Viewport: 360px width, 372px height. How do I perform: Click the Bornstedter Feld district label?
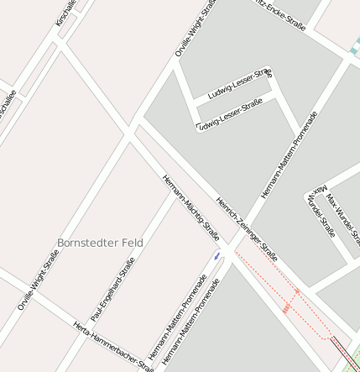pyautogui.click(x=100, y=243)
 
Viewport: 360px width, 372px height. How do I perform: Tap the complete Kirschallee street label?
pyautogui.click(x=65, y=13)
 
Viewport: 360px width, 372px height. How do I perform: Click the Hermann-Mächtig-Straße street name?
pyautogui.click(x=190, y=207)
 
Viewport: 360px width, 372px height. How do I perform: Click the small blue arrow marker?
pyautogui.click(x=217, y=255)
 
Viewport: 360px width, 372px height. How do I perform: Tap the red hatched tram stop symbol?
pyautogui.click(x=286, y=309)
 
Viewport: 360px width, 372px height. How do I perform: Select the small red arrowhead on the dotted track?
pyautogui.click(x=297, y=291)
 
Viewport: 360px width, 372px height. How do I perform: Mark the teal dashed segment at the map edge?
pyautogui.click(x=355, y=44)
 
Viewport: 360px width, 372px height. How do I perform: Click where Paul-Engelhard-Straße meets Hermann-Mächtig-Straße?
pyautogui.click(x=175, y=192)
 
